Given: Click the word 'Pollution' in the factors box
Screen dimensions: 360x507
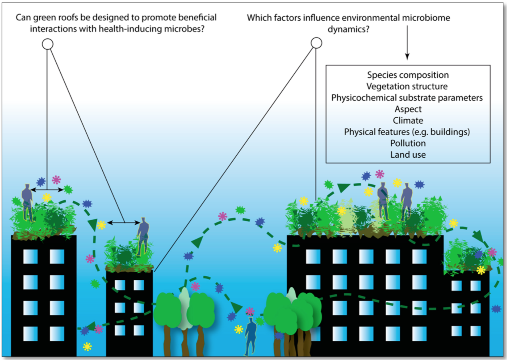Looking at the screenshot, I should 408,143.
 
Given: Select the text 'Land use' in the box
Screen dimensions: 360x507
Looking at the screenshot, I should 408,154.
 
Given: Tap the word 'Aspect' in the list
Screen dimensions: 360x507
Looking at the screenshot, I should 408,109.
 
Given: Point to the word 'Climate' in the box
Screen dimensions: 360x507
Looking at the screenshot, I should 408,120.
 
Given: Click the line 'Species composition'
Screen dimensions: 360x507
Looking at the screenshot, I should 408,75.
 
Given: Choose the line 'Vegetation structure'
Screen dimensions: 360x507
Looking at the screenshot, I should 408,86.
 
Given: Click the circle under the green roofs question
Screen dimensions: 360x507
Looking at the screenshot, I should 48,44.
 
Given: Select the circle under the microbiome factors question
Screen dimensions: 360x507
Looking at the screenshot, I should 317,43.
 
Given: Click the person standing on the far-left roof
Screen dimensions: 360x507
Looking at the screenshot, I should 27,202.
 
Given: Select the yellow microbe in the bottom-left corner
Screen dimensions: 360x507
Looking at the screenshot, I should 87,346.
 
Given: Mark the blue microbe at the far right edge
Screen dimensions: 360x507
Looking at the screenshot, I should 496,309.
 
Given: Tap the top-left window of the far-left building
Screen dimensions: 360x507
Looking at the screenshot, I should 30,256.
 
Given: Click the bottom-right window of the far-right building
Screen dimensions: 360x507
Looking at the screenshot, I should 475,330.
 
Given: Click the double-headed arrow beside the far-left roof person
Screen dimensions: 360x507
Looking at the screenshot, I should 47,190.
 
